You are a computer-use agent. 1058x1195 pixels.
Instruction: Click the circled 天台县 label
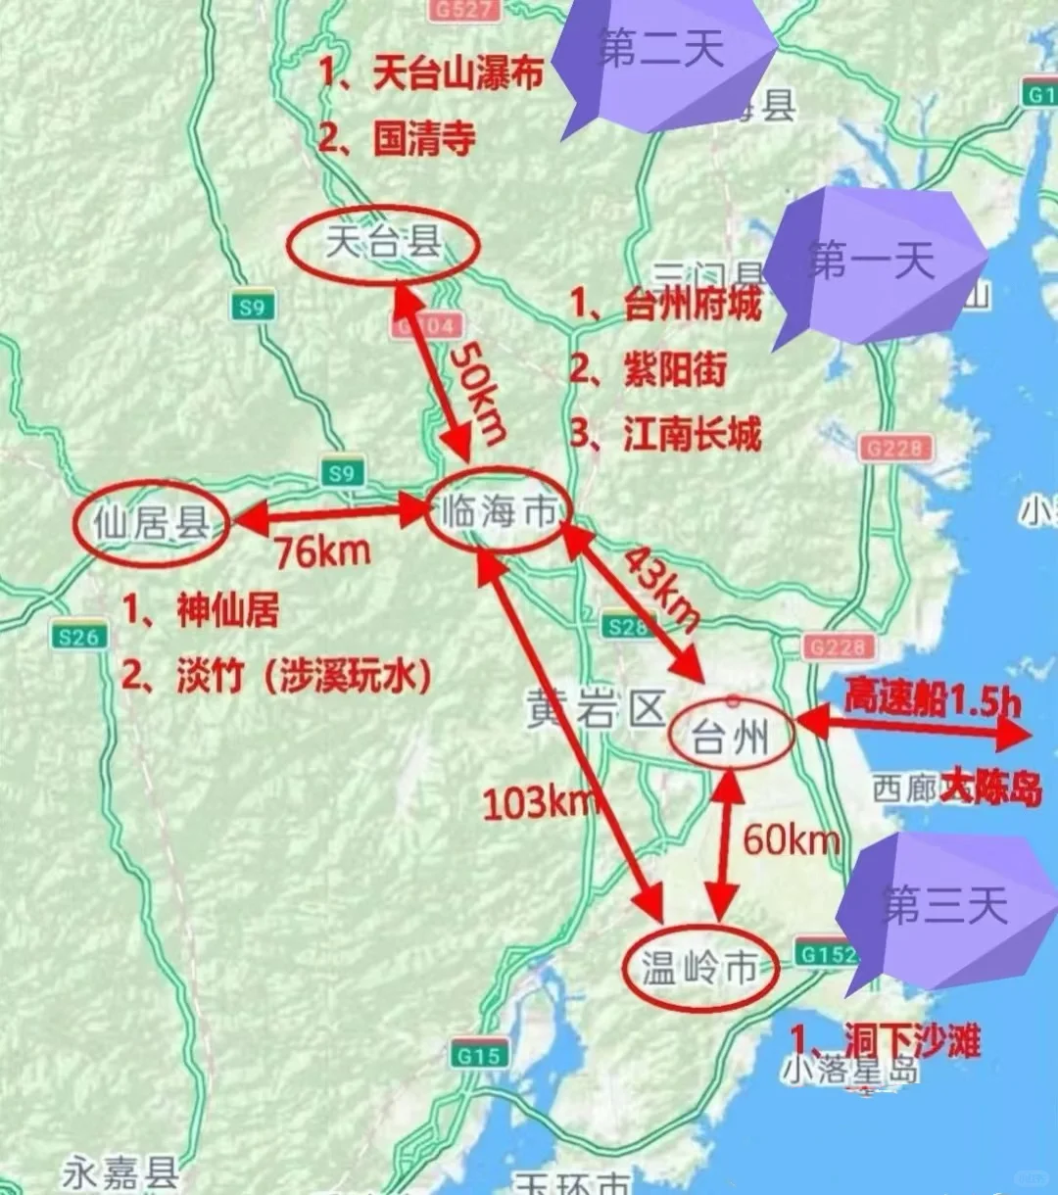(x=384, y=242)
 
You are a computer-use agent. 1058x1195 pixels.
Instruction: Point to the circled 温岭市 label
(x=699, y=968)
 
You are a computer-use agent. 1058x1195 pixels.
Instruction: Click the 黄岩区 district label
(x=597, y=707)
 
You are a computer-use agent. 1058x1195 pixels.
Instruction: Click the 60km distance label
(x=791, y=839)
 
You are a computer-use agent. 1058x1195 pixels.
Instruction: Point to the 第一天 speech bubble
(x=872, y=263)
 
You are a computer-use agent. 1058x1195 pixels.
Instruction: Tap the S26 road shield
(x=78, y=638)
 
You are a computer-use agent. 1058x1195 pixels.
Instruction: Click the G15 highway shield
(x=480, y=1056)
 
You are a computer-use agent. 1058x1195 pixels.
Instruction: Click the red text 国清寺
(x=423, y=139)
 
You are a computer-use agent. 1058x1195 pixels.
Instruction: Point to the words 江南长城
(x=692, y=434)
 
